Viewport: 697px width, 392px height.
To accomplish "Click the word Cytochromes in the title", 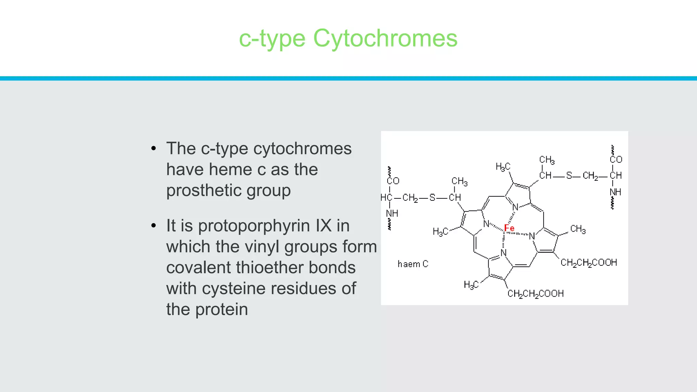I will (385, 38).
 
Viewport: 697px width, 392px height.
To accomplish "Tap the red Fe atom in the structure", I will (509, 228).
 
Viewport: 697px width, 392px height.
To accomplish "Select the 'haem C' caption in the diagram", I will (413, 264).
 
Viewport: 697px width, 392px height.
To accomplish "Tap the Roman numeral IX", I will (323, 226).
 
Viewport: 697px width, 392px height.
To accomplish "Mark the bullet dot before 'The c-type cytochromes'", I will (153, 149).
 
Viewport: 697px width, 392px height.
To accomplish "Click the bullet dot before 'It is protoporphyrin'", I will (153, 226).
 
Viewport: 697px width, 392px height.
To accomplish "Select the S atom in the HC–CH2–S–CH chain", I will (432, 198).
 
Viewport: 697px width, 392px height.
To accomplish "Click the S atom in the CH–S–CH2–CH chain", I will (569, 176).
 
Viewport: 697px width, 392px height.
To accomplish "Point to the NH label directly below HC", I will (392, 214).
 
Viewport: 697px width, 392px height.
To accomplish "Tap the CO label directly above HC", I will (393, 181).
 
